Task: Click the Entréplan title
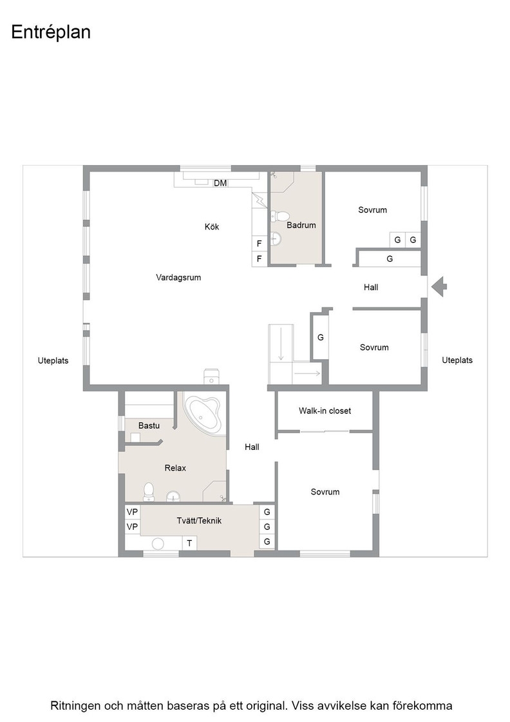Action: point(51,32)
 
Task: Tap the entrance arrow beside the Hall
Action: point(439,287)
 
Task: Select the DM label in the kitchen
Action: point(220,183)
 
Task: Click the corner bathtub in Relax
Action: point(204,413)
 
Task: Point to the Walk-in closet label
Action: point(325,411)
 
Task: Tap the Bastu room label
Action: point(149,425)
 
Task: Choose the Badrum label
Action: point(301,225)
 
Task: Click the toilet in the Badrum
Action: point(279,216)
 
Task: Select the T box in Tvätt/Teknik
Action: point(189,543)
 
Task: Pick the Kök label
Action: point(212,226)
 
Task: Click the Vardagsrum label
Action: point(178,277)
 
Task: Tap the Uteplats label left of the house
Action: point(53,360)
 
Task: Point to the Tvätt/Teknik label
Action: point(199,521)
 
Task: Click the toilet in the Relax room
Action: point(149,491)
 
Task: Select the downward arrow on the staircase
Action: point(281,343)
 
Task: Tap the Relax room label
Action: point(175,468)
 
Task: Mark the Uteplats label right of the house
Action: point(457,360)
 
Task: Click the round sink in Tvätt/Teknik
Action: point(158,543)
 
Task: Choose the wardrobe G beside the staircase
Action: point(321,338)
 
